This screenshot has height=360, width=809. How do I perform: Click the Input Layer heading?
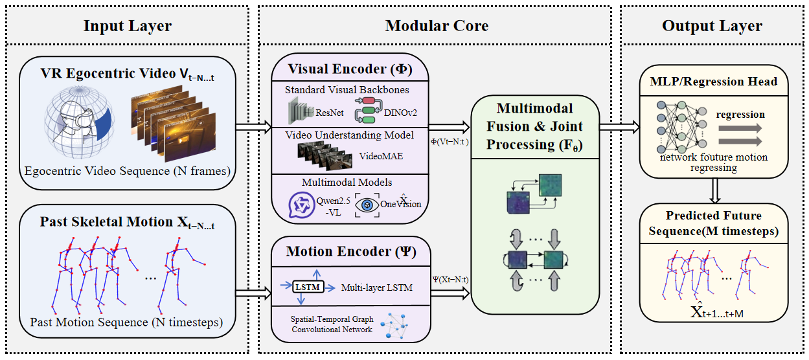pyautogui.click(x=127, y=26)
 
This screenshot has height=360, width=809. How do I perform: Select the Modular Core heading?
pyautogui.click(x=437, y=26)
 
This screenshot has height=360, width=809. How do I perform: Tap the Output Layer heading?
pyautogui.click(x=712, y=26)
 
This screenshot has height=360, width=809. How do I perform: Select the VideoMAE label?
pyautogui.click(x=378, y=156)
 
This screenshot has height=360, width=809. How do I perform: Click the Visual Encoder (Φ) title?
pyautogui.click(x=350, y=69)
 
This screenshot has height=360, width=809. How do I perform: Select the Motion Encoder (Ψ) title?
pyautogui.click(x=350, y=251)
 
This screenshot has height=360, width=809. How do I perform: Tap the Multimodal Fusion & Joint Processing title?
pyautogui.click(x=534, y=126)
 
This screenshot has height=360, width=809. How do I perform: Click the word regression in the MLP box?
pyautogui.click(x=740, y=114)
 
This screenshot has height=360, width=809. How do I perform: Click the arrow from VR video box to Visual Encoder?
pyautogui.click(x=253, y=126)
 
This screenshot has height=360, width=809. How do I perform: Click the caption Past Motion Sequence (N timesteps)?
pyautogui.click(x=126, y=322)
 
